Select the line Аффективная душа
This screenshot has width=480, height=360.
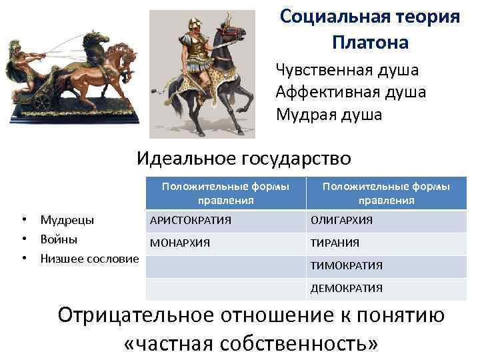351,92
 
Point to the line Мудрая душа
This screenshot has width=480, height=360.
329,114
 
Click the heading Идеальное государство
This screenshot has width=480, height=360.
243,158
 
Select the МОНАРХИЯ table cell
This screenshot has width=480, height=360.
179,243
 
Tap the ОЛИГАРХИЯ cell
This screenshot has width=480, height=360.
341,220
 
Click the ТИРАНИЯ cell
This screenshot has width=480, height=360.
335,243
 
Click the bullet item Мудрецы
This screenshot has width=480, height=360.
67,219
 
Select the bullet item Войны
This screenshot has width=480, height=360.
59,238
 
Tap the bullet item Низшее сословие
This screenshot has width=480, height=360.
89,257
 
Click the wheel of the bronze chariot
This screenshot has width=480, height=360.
43,101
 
